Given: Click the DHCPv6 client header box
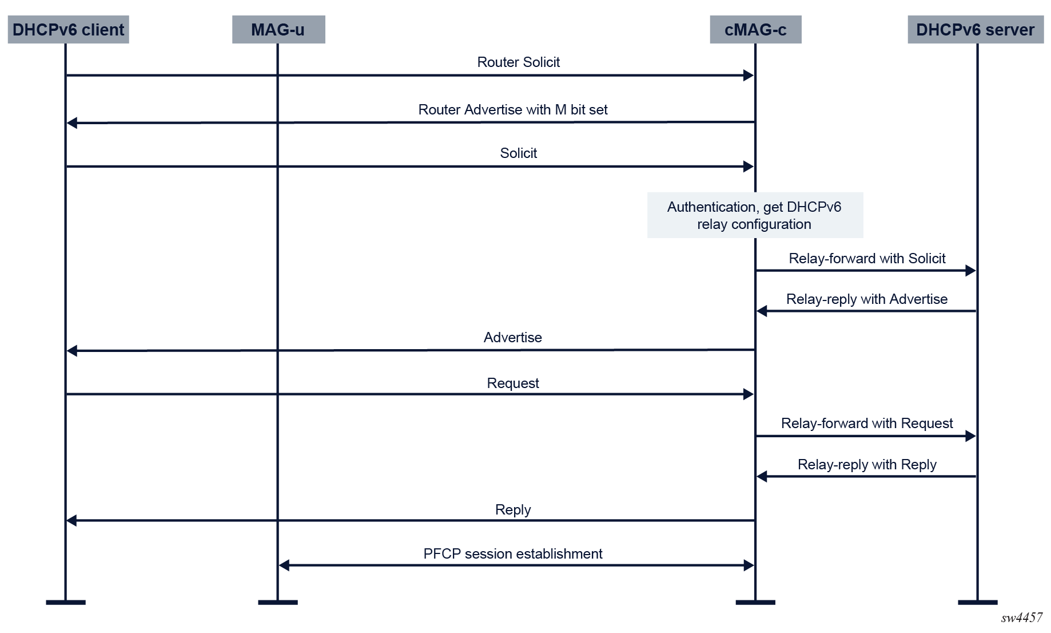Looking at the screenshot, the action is pos(68,30).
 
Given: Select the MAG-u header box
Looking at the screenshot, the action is pos(278,30).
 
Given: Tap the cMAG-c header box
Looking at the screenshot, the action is pos(755,30).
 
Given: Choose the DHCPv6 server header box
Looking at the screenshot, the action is pos(976,30).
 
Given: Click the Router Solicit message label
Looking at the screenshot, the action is pos(519,62).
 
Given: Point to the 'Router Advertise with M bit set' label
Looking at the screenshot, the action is pos(513,109).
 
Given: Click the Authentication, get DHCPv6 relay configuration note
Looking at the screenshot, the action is pos(755,215).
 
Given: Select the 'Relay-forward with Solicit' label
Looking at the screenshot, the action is pos(867,258).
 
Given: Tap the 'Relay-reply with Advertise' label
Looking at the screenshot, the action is pos(867,299).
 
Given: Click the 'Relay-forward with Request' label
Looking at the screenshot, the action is pos(867,423).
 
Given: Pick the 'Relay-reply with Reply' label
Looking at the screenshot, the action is pos(867,464).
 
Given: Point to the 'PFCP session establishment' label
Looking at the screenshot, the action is pos(513,553).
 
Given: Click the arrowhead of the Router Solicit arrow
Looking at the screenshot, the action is pos(749,76).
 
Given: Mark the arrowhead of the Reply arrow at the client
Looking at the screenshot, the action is pos(72,520).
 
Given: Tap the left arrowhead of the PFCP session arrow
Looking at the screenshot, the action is pos(284,565).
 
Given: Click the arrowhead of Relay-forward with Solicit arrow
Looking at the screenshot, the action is pos(971,271).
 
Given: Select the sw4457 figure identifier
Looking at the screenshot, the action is pos(1022,618).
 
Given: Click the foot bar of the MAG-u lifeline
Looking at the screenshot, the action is pos(278,602).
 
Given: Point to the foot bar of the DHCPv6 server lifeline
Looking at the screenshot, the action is pos(978,602).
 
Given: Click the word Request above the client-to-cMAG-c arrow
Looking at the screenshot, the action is pos(513,383).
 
